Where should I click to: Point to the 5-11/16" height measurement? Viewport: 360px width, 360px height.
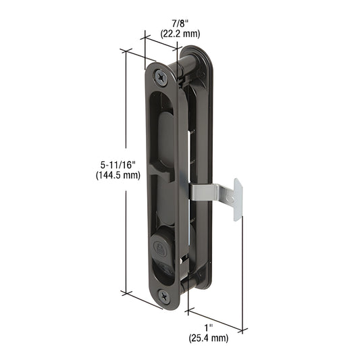pyautogui.click(x=118, y=164)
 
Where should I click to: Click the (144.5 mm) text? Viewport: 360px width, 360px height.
pyautogui.click(x=118, y=176)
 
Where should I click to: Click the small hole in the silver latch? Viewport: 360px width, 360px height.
pyautogui.click(x=230, y=199)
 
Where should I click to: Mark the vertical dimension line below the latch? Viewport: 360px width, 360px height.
pyautogui.click(x=242, y=270)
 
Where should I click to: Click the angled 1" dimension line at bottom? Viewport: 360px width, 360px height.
pyautogui.click(x=216, y=319)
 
